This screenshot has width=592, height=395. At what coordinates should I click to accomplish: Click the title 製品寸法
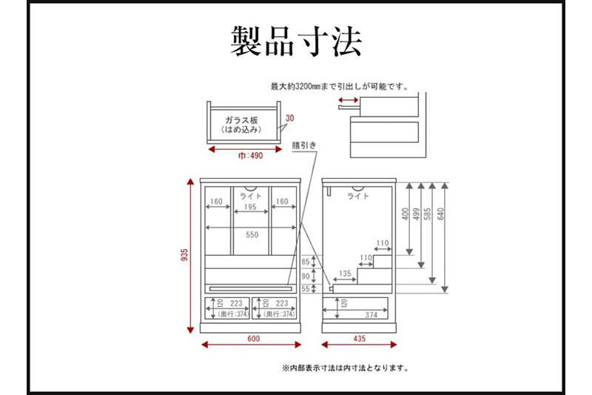coord(296,42)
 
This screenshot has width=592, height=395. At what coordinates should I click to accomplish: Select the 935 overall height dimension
coord(185,255)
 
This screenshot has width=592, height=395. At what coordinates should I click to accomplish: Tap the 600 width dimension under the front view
coord(253,339)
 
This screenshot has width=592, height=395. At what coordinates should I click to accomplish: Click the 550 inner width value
coord(253,234)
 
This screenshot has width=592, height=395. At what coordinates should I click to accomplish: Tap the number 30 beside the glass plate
coord(289,118)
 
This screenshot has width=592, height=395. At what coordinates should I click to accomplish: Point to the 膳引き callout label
coord(303,145)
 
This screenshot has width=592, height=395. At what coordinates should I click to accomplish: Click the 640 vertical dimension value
coord(441,214)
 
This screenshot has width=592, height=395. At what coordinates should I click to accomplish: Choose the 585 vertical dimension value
coord(428,214)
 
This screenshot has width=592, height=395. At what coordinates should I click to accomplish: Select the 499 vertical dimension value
coord(415,214)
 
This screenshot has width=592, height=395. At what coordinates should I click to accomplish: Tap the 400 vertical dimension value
coord(404,214)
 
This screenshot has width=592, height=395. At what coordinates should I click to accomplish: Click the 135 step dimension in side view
coord(345,273)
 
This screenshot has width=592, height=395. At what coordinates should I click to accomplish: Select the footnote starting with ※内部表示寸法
coord(345,367)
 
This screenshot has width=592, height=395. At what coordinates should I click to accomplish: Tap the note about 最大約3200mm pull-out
coord(340,86)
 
